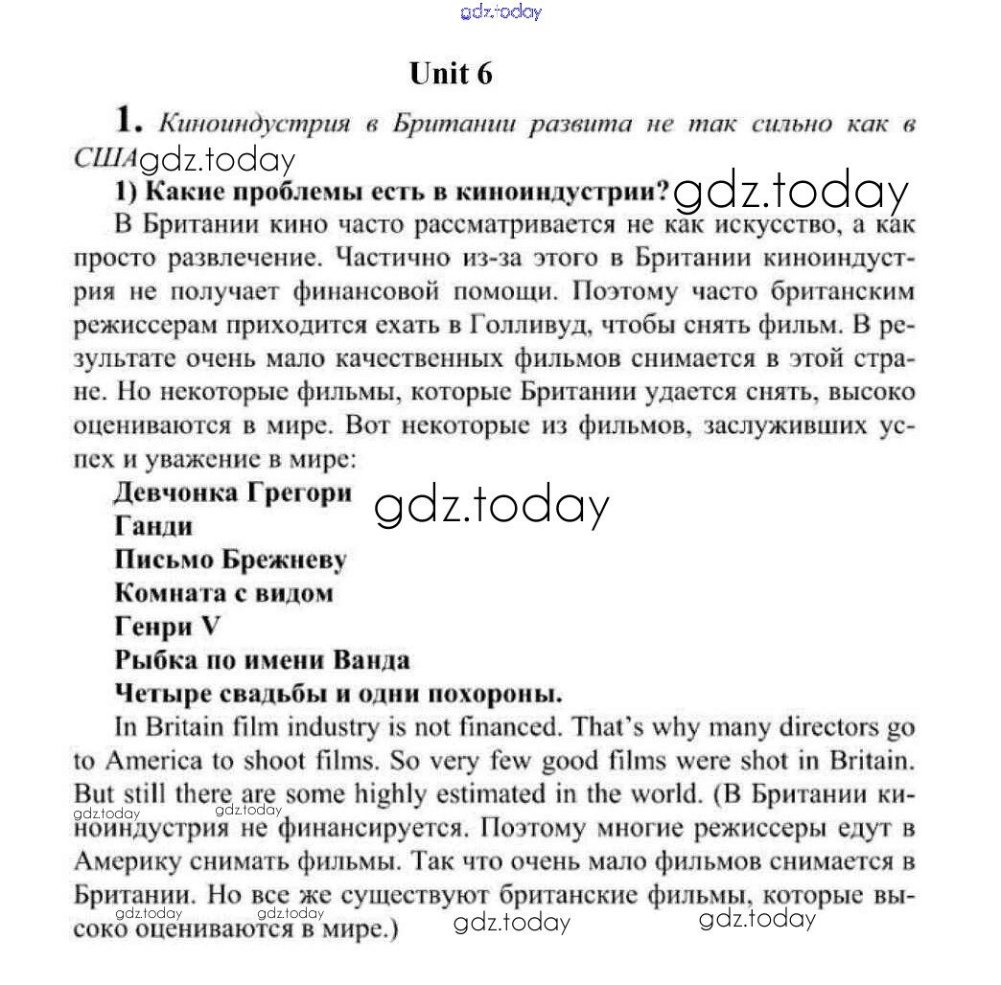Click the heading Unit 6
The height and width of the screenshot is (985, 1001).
(450, 74)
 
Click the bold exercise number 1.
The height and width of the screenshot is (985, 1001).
(128, 122)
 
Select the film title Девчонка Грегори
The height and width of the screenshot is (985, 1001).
(231, 492)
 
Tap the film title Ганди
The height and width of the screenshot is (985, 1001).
(153, 526)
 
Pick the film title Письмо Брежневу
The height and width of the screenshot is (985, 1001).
(230, 560)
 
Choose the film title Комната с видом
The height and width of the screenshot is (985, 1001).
(223, 593)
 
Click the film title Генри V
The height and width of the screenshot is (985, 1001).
(167, 627)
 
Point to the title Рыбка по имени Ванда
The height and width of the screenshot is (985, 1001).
(262, 660)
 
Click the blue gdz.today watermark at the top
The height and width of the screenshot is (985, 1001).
(500, 12)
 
